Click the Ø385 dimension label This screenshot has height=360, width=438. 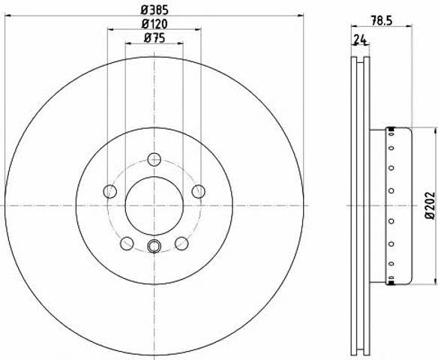click(154, 10)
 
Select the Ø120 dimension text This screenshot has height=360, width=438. click(154, 24)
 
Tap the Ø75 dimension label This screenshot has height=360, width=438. click(154, 38)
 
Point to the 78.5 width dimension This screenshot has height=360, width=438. click(382, 21)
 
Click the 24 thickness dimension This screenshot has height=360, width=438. click(360, 40)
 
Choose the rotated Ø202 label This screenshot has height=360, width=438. click(430, 205)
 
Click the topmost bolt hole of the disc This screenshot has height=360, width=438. click(154, 160)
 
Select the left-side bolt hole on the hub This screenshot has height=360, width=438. click(110, 191)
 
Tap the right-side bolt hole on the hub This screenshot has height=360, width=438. click(198, 191)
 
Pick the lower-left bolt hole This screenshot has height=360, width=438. click(127, 243)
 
